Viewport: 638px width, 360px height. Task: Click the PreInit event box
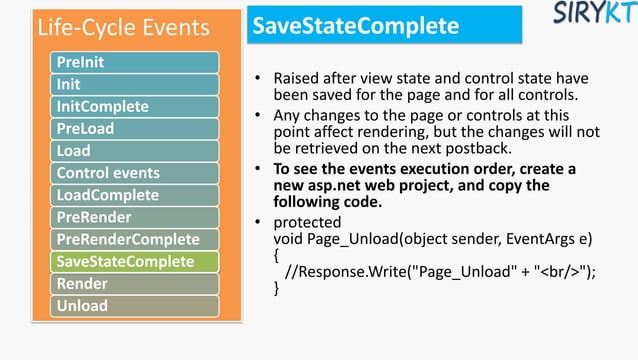(135, 62)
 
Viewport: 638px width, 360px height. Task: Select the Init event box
(135, 84)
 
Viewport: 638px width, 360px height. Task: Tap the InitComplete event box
(135, 106)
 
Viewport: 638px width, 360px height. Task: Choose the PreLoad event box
(135, 128)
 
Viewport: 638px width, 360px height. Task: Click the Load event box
(135, 150)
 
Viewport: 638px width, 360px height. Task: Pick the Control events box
(135, 173)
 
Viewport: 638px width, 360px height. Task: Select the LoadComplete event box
(135, 194)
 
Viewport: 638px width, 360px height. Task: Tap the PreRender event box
(135, 217)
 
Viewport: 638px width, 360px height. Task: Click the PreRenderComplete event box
(135, 239)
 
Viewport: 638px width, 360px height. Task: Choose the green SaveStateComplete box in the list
(135, 261)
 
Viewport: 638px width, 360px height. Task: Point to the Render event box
(135, 284)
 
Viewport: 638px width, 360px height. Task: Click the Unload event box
(135, 305)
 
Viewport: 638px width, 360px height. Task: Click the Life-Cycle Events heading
(123, 26)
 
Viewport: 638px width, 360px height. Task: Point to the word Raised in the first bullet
(297, 78)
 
